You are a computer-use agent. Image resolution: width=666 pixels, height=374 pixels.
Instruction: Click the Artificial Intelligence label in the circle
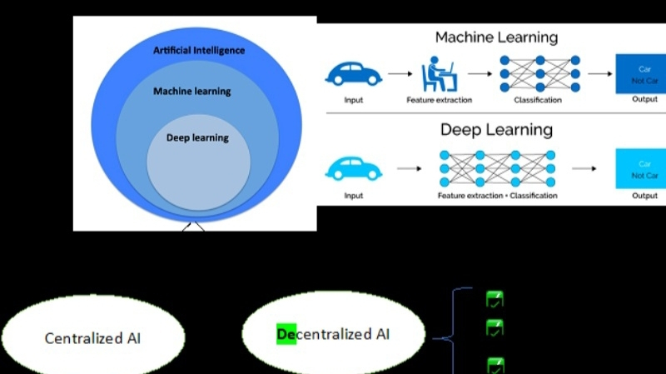[199, 51]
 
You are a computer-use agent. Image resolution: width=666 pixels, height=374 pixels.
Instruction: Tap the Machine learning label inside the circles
[191, 91]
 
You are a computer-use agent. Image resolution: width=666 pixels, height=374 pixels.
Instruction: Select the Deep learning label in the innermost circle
[197, 137]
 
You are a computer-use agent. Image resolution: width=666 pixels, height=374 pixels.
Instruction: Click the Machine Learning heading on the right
[496, 37]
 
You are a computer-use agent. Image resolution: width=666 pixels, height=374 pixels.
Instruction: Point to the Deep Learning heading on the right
[496, 130]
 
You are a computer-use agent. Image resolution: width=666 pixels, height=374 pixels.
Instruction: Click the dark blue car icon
[353, 73]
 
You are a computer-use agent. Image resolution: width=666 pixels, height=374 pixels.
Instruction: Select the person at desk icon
[439, 73]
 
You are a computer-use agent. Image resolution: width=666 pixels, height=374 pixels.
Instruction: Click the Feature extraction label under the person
[439, 100]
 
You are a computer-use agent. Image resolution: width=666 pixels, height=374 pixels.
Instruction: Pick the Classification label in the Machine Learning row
[538, 100]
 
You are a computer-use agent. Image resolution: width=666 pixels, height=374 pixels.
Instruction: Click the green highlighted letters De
[286, 335]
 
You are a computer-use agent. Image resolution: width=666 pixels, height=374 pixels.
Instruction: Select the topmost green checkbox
[495, 299]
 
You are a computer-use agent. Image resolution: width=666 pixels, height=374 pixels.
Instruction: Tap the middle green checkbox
[495, 327]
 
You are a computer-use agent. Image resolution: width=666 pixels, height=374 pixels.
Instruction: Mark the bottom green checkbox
[495, 364]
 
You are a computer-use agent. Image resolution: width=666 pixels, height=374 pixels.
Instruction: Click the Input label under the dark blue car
[353, 100]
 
